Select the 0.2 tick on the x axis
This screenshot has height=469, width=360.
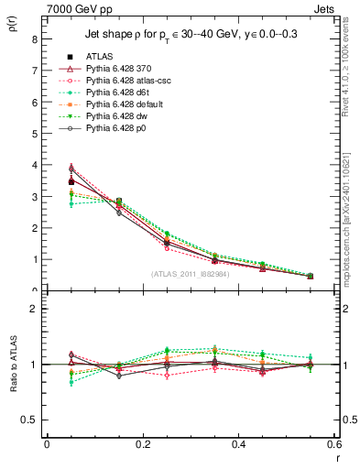coord(143,443)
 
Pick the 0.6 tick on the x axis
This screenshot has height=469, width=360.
coord(334,443)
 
